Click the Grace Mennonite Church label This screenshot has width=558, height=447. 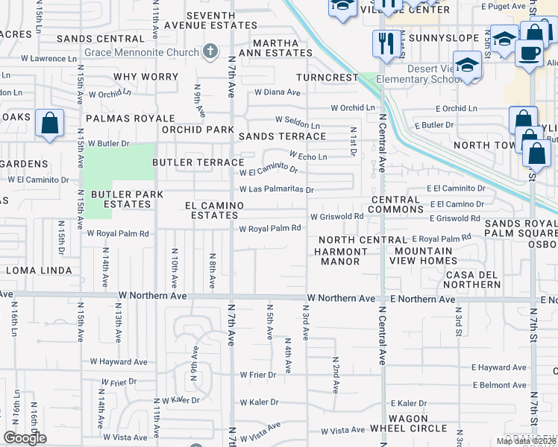point(140,52)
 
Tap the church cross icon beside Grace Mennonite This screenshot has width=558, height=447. point(210,51)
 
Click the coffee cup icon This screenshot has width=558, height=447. point(529,54)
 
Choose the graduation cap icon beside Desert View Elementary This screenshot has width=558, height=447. point(467,66)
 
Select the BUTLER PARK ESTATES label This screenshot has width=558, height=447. point(116,199)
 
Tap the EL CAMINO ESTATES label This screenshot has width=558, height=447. point(215,210)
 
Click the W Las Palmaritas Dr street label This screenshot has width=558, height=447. point(276,189)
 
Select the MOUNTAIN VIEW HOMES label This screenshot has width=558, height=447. point(422,256)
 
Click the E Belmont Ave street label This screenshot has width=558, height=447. point(499,385)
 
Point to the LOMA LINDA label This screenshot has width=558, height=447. point(39,270)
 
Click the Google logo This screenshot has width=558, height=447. point(25,438)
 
